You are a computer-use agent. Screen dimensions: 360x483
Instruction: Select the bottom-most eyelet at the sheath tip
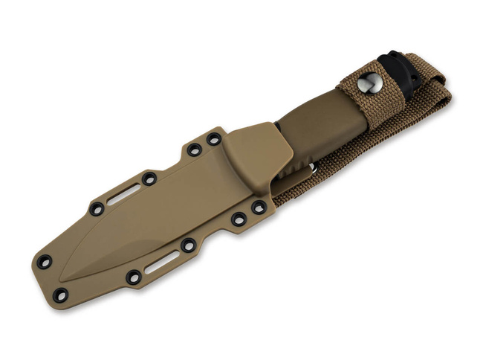point(60,295)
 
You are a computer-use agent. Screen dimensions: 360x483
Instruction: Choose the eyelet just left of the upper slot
point(97,209)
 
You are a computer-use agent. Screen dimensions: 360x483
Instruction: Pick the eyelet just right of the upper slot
point(149,179)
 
